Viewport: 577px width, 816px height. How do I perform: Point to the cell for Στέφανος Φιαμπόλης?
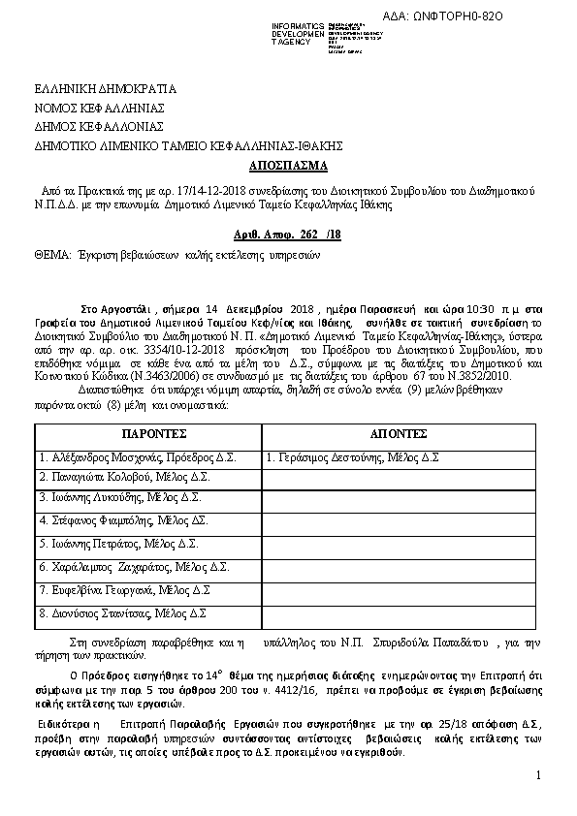(x=124, y=520)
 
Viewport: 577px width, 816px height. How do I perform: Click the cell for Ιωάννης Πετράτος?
(x=119, y=542)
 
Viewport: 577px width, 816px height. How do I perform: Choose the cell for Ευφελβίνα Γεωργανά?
(x=125, y=589)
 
